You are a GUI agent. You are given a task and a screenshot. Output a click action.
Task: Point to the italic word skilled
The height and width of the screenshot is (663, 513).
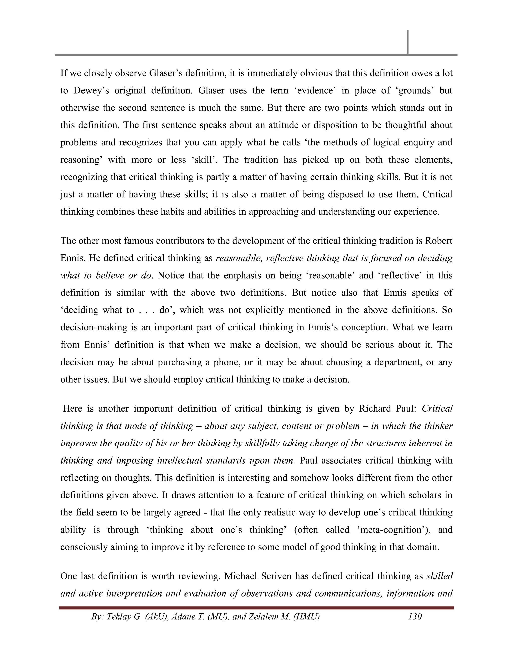coord(439,576)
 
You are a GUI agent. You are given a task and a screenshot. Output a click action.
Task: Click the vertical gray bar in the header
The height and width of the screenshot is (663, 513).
coord(407,42)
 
